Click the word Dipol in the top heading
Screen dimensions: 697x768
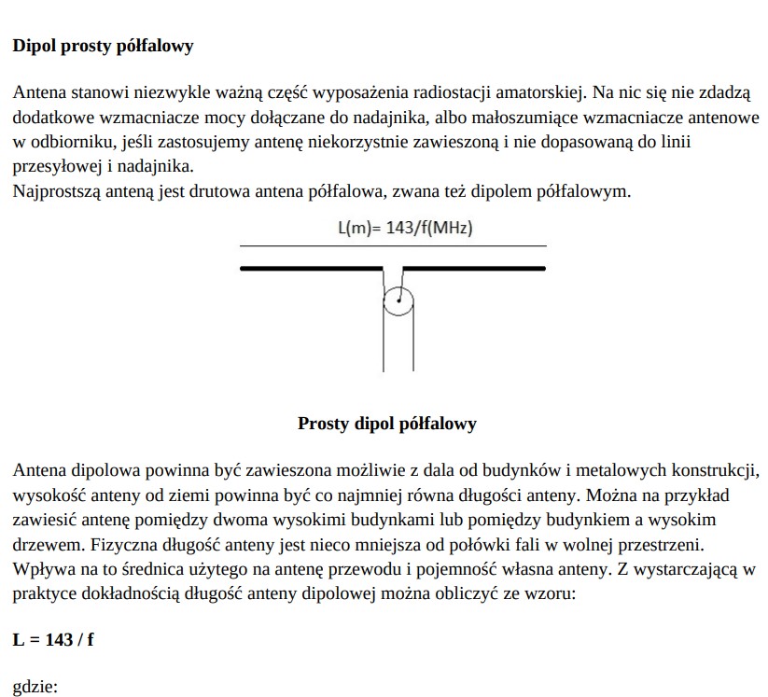tap(35, 45)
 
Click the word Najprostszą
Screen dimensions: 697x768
tap(56, 192)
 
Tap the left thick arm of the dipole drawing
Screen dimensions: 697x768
tap(312, 269)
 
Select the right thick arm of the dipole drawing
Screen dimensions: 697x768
tap(473, 269)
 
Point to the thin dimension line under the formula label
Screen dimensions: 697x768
tap(392, 246)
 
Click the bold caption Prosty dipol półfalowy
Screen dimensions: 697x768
tap(386, 424)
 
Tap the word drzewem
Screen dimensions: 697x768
tap(45, 543)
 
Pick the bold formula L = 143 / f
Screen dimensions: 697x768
tap(53, 640)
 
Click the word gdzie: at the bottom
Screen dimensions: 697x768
tap(35, 689)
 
